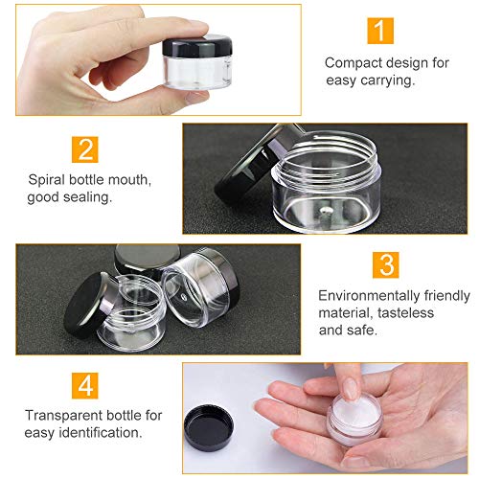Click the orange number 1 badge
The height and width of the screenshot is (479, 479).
click(380, 31)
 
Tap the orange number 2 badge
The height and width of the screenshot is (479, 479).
click(85, 148)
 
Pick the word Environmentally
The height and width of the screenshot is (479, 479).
click(366, 295)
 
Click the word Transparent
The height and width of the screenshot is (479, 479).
click(64, 414)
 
